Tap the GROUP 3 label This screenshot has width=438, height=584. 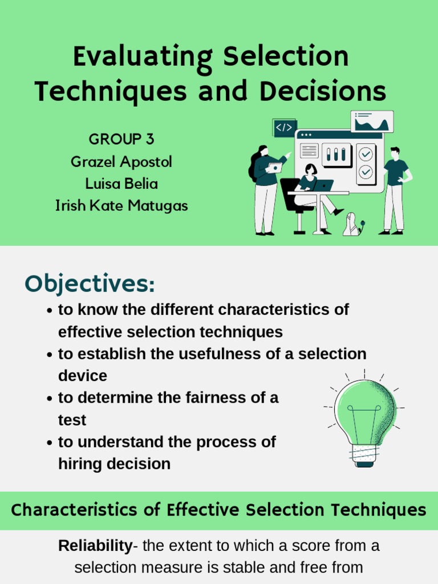(x=121, y=139)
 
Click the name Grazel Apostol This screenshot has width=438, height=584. (x=121, y=162)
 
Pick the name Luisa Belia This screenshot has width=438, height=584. (x=121, y=184)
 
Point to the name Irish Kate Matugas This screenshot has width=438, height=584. (x=121, y=206)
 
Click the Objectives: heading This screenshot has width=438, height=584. (x=90, y=283)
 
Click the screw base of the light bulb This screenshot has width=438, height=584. (x=364, y=454)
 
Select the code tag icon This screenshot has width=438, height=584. (x=284, y=128)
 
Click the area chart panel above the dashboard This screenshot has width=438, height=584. (x=372, y=121)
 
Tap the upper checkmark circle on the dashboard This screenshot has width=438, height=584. (x=366, y=154)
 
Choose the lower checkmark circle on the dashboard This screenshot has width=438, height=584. (x=366, y=172)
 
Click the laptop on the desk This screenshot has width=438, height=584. (x=323, y=185)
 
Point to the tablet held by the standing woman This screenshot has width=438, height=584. (x=275, y=168)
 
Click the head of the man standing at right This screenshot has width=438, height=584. (x=395, y=153)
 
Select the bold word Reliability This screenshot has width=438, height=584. (x=95, y=546)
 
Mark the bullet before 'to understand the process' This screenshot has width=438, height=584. (x=50, y=443)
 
